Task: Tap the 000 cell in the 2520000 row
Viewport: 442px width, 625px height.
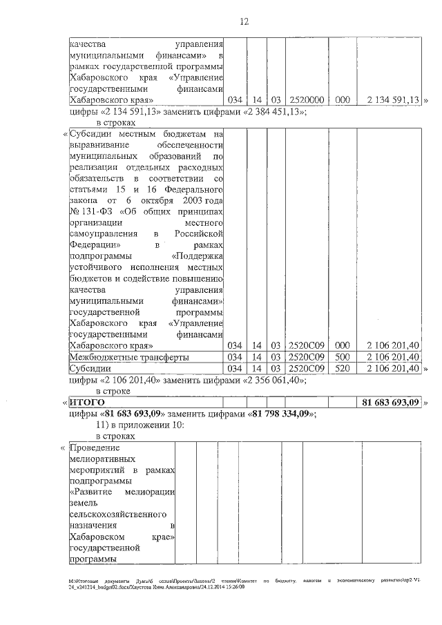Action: point(342,100)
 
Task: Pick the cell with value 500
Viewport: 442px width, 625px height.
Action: point(342,357)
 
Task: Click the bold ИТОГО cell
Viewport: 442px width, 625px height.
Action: point(86,402)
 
